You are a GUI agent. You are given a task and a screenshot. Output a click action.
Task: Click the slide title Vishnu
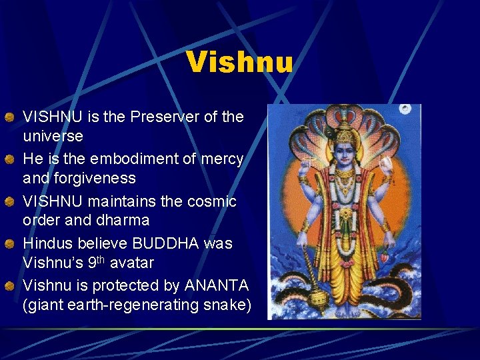(x=239, y=62)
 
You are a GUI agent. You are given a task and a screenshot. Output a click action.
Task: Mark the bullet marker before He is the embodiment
(x=9, y=159)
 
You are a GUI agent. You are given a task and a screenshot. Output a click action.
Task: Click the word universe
(x=53, y=136)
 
